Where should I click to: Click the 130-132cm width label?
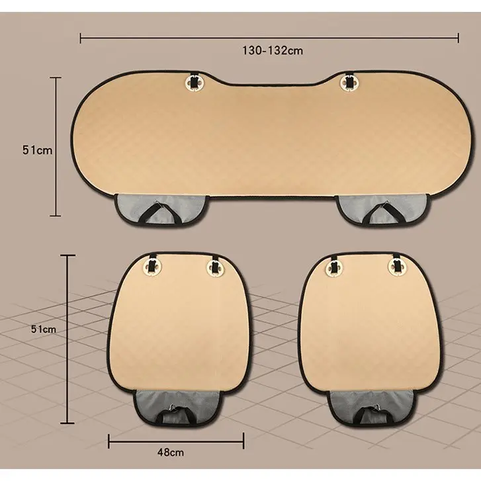tap(273, 50)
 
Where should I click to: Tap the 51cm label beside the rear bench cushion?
tap(37, 150)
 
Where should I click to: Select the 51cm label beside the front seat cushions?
tap(44, 329)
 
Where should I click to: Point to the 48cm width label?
tap(171, 452)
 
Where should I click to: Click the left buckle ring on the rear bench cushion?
tap(194, 82)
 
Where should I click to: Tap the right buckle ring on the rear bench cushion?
tap(349, 82)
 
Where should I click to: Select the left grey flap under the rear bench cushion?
tap(161, 208)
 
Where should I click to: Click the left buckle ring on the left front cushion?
tap(152, 266)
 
